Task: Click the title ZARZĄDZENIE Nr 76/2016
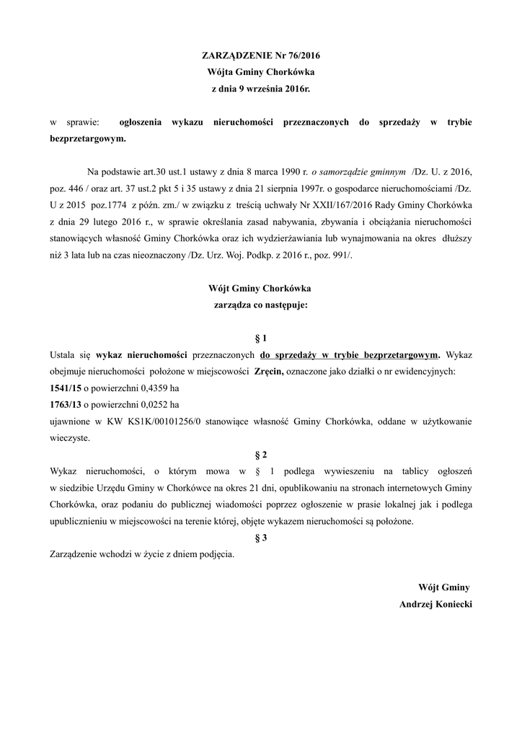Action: (260, 56)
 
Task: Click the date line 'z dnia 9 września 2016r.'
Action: (260, 88)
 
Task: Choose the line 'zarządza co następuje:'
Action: (260, 305)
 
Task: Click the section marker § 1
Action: (260, 338)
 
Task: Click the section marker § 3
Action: (260, 537)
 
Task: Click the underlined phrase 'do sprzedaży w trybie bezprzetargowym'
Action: (350, 354)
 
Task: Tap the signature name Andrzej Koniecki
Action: (435, 603)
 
